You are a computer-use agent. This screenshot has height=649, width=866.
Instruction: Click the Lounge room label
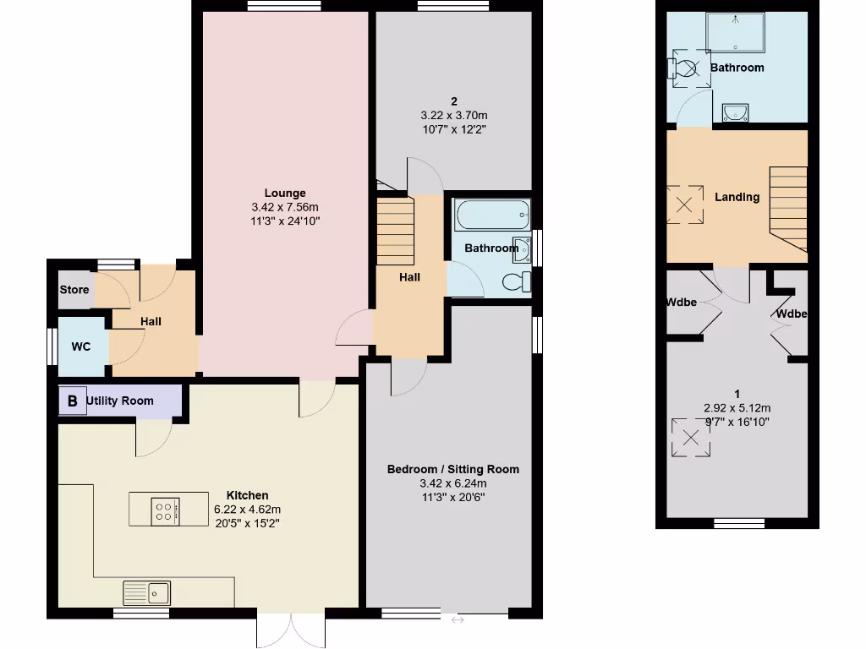click(x=284, y=193)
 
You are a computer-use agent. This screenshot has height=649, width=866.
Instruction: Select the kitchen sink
click(x=147, y=592)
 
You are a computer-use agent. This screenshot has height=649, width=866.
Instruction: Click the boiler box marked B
click(x=72, y=401)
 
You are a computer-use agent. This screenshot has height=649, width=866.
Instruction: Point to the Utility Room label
click(x=120, y=401)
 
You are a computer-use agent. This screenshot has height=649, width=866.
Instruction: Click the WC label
click(x=81, y=346)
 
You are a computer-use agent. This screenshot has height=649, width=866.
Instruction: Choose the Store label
click(x=74, y=290)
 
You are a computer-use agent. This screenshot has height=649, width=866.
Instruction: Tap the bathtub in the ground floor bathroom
click(x=491, y=216)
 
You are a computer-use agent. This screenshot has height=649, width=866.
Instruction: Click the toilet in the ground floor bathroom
click(x=514, y=281)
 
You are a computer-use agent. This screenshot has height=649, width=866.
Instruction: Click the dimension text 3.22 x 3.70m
click(x=454, y=116)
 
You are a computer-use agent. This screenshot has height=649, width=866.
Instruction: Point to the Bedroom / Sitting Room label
click(x=452, y=469)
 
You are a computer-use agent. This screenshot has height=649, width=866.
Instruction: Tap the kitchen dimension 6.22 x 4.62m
click(x=247, y=510)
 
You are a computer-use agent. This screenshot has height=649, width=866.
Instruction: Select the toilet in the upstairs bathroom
click(x=683, y=67)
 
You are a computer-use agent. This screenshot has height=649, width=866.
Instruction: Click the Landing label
click(x=737, y=197)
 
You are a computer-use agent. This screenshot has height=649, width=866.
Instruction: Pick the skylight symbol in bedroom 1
click(x=691, y=438)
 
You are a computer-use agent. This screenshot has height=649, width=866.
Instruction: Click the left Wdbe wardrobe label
click(x=681, y=302)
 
